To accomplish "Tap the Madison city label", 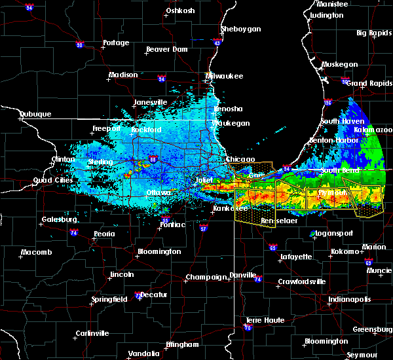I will tap(123, 75).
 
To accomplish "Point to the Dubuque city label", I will tap(35, 114).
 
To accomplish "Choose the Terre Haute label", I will tap(262, 320).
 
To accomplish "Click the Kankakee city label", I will tap(228, 209).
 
